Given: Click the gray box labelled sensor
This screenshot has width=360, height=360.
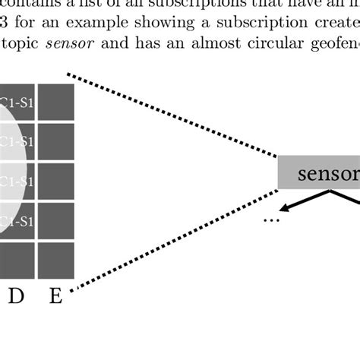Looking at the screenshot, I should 319,173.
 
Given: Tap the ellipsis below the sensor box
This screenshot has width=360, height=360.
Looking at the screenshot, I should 271,221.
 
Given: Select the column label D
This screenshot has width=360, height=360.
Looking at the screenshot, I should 16,296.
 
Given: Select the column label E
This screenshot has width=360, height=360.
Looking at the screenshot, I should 55,296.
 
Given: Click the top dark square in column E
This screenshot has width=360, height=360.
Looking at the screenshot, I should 55,102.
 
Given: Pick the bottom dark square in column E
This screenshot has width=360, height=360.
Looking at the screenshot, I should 55,261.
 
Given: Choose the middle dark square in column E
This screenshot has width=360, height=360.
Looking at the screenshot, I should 55,181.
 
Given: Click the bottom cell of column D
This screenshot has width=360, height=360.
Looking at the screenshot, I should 16,261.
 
